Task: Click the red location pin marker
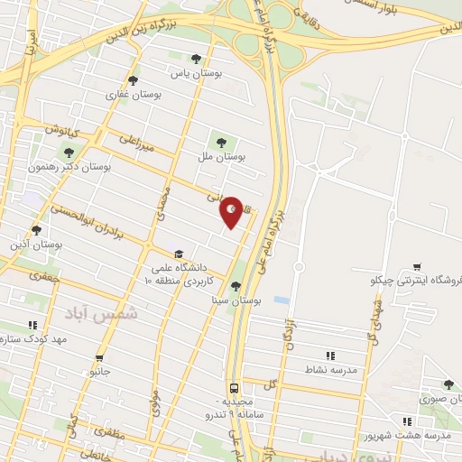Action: [x=232, y=212]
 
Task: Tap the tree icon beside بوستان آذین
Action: [x=37, y=229]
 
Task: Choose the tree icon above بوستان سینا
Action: [x=236, y=286]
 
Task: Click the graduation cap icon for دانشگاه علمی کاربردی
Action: [x=179, y=254]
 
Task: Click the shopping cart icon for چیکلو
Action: [x=416, y=266]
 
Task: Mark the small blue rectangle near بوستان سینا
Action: [x=282, y=300]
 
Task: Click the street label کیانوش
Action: [x=64, y=132]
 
